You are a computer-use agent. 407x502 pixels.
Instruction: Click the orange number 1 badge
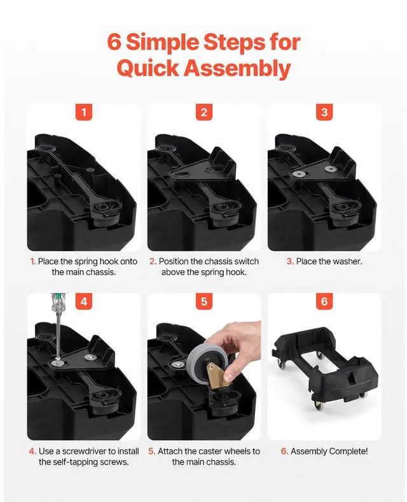(x=84, y=112)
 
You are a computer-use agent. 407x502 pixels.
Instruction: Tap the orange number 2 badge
(x=204, y=112)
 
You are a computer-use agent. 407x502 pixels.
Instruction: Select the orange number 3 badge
(x=324, y=112)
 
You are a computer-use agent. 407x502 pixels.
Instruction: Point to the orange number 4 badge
(x=84, y=301)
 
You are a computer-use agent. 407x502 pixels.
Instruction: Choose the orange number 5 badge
(x=204, y=301)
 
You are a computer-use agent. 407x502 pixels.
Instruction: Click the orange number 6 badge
(x=324, y=301)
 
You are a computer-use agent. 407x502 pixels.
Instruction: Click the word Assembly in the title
(x=237, y=69)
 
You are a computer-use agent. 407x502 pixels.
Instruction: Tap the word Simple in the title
(x=163, y=43)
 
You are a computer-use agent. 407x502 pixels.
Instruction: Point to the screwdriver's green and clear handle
(x=57, y=303)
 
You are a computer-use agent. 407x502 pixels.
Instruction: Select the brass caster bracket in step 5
(x=217, y=375)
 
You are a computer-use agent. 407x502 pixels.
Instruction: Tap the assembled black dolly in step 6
(x=325, y=368)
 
